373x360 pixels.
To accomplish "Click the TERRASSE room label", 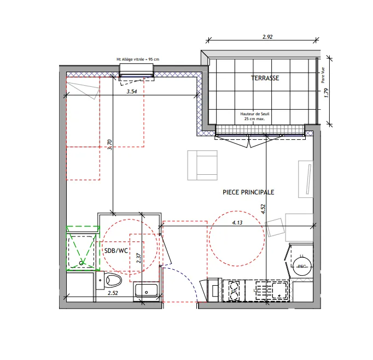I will pyautogui.click(x=265, y=78).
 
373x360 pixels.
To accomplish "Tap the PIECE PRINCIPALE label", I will pyautogui.click(x=248, y=192).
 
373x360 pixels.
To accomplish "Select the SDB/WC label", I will pyautogui.click(x=115, y=251).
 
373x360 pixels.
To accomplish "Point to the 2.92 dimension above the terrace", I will pyautogui.click(x=267, y=38).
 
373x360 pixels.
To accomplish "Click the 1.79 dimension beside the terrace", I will pyautogui.click(x=326, y=92).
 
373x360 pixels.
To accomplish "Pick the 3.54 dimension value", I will pyautogui.click(x=131, y=92).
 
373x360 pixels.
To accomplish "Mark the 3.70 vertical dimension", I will pyautogui.click(x=109, y=144).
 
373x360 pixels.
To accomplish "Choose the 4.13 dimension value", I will pyautogui.click(x=237, y=222).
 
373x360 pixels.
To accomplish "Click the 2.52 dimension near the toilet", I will pyautogui.click(x=113, y=293).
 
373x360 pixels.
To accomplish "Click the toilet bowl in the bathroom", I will pyautogui.click(x=112, y=280).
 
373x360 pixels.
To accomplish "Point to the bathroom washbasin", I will pyautogui.click(x=146, y=290).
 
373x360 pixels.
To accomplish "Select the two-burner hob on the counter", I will pyautogui.click(x=235, y=290).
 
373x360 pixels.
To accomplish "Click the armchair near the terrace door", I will pyautogui.click(x=202, y=165).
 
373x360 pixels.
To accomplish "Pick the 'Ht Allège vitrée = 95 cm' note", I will pyautogui.click(x=137, y=60).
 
